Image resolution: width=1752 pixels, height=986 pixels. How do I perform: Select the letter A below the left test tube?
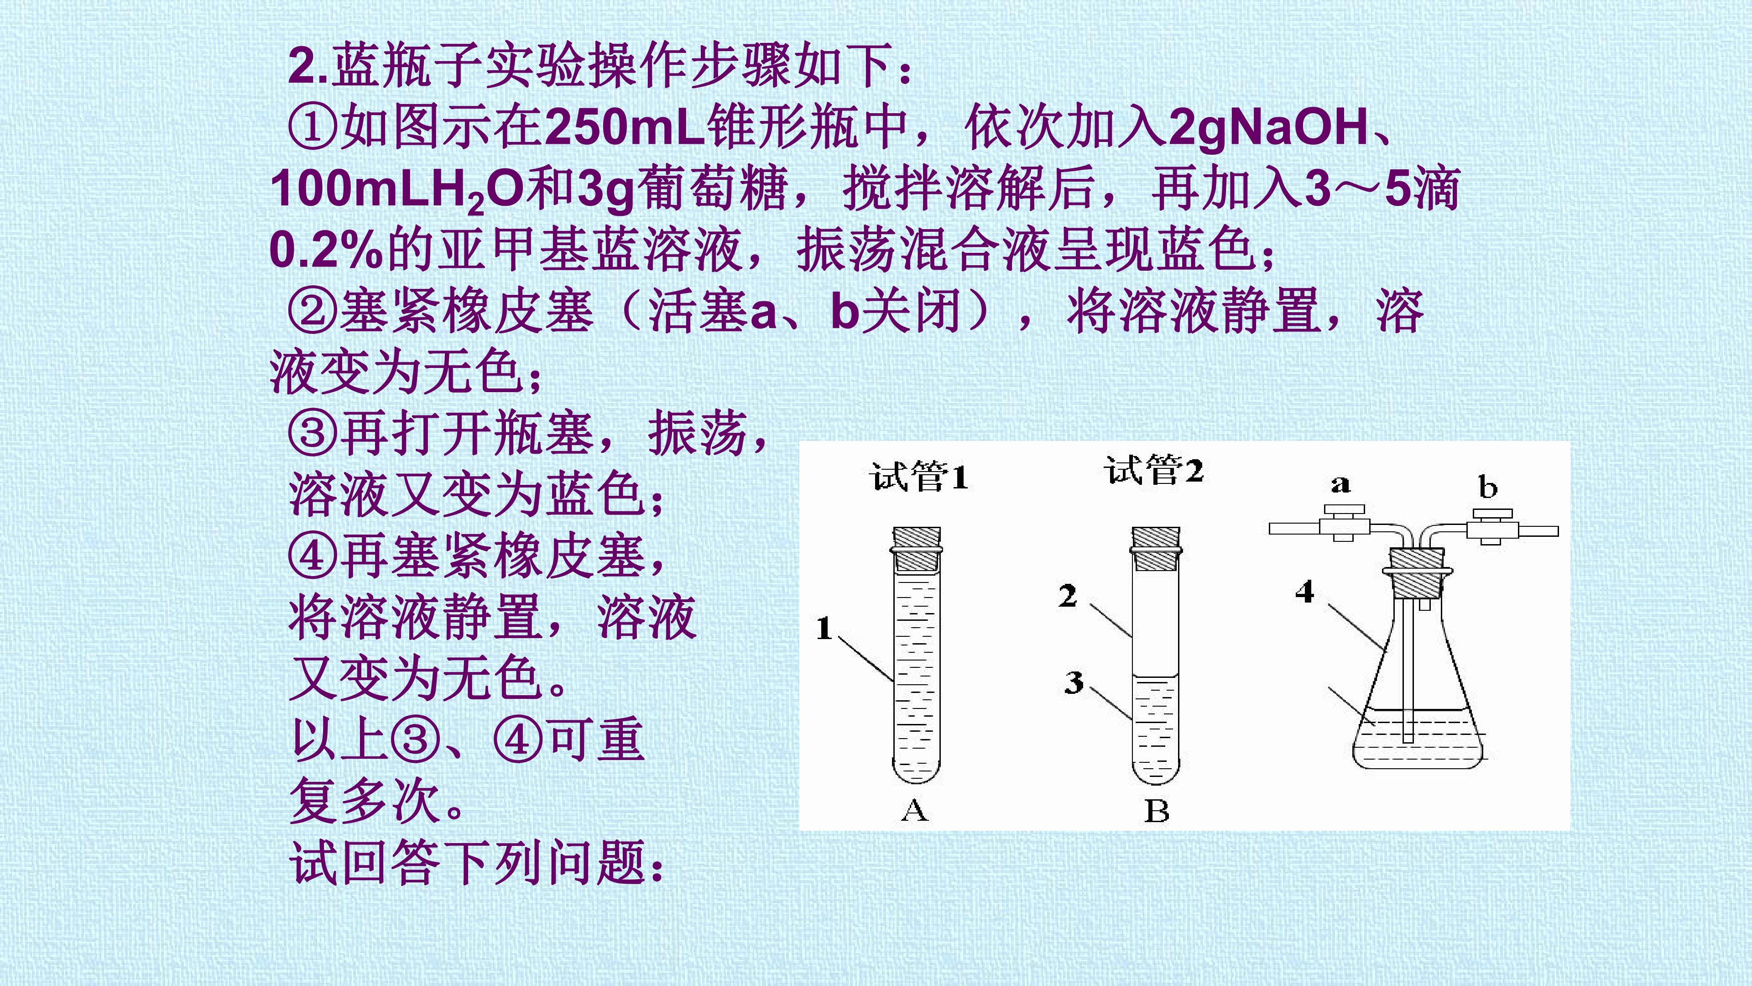click(x=915, y=810)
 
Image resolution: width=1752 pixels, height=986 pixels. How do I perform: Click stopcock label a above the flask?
click(x=1340, y=484)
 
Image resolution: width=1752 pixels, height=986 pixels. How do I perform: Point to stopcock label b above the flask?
click(x=1487, y=487)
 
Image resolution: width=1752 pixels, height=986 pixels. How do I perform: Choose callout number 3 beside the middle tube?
click(x=1074, y=682)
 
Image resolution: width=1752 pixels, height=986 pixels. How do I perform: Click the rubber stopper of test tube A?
click(x=917, y=548)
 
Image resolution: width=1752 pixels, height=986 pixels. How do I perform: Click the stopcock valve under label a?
click(x=1342, y=523)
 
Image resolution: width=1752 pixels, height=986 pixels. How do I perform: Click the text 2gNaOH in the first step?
click(x=1268, y=128)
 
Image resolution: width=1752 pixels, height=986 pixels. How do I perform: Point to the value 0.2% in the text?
click(x=327, y=249)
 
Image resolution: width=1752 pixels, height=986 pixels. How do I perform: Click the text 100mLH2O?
click(x=397, y=190)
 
